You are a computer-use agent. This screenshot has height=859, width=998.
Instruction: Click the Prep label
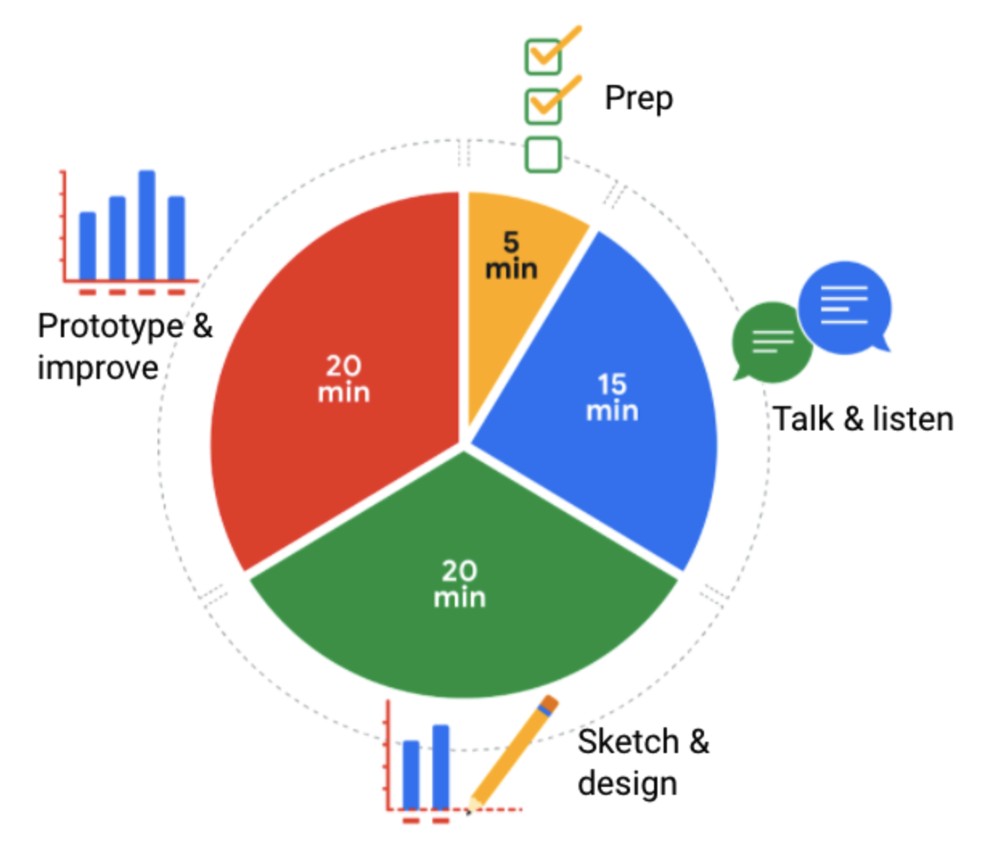(639, 99)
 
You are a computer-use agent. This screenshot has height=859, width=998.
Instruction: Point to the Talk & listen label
(863, 419)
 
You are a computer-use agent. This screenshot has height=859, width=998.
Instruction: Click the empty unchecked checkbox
(543, 155)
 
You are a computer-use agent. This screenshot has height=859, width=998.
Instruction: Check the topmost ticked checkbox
(543, 56)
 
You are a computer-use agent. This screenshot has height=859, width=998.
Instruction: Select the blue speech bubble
(845, 307)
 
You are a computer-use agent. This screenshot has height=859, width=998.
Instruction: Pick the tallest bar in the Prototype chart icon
(147, 225)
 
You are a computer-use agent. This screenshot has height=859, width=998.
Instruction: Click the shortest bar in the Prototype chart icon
(88, 246)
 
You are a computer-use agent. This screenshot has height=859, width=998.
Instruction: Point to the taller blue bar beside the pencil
(440, 767)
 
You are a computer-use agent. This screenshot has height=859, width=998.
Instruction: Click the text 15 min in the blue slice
(611, 397)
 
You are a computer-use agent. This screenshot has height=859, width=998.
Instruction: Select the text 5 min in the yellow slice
(511, 255)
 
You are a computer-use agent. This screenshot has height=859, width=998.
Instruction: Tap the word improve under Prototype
(97, 368)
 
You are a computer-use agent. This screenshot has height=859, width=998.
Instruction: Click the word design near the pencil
(627, 784)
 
